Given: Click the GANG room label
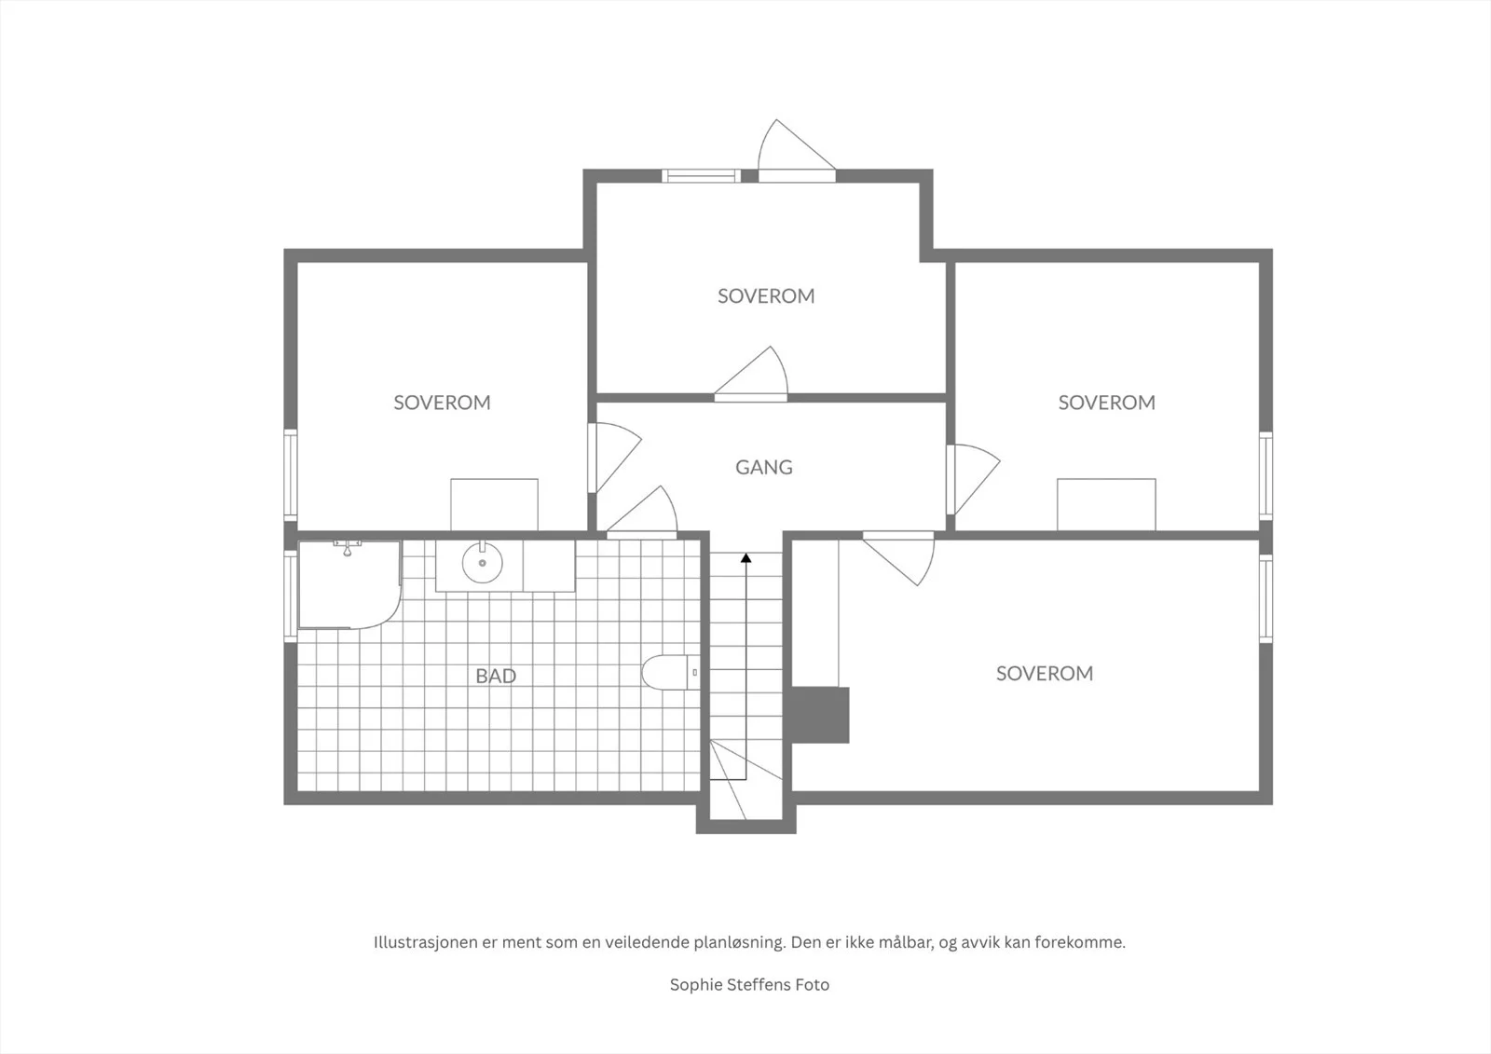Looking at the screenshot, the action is coord(763,468).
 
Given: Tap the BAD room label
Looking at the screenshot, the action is coord(496,677).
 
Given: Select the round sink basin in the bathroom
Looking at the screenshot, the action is coord(483,563).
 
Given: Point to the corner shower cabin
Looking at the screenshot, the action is coord(349,584).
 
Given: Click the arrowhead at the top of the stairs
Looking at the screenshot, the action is coord(746,558).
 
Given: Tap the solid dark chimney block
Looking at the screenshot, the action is coord(820,715).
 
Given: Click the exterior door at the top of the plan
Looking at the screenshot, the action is coord(797,150).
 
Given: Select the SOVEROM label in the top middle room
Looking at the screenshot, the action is coord(766,296).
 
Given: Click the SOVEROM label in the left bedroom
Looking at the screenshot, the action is coord(442,403).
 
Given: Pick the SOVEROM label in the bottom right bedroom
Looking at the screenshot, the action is coord(1045,674).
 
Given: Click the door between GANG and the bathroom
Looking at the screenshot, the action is coord(642,512).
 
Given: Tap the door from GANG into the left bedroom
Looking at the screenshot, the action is coord(614,458).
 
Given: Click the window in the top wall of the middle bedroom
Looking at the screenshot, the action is coord(701,176).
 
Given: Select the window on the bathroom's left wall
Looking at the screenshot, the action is coord(291,595).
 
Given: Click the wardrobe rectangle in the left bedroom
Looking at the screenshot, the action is coord(494,505).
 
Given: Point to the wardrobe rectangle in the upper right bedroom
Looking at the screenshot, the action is coord(1106,505).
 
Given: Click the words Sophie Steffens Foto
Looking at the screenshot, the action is coord(749,985).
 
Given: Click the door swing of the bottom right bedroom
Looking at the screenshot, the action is coord(898,558).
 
